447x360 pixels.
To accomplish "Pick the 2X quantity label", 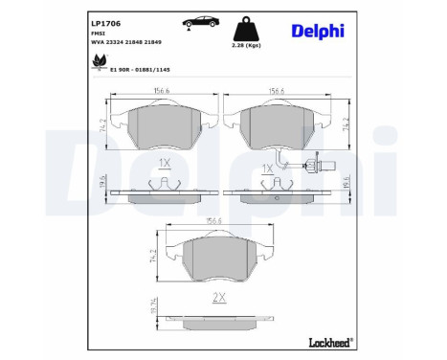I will pos(217,298).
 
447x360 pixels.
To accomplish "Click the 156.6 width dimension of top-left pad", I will pos(159,93).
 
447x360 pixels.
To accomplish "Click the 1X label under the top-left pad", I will pos(163,165).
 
